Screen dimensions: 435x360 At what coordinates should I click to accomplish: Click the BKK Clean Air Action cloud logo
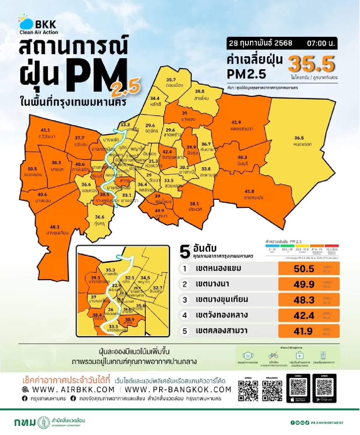pos(26,22)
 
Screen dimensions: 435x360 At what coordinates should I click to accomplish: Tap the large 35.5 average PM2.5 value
pos(311,64)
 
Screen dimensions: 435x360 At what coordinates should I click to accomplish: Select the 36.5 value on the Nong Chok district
pos(299,138)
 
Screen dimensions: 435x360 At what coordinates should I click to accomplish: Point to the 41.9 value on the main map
pos(236,122)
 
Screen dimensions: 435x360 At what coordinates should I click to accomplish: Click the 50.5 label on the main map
pos(32,169)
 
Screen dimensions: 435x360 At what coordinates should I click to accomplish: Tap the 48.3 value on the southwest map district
pos(55,227)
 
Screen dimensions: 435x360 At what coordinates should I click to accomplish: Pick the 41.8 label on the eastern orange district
pos(249,191)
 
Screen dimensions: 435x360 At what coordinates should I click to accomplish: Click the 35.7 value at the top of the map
pos(171,80)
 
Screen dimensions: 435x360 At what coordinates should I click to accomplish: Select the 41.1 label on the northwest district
pos(45,130)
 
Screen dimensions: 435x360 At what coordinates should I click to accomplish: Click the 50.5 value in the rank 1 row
pos(304,269)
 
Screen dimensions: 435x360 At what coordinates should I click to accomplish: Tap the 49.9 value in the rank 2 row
pos(304,284)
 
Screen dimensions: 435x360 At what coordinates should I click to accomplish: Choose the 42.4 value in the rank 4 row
pos(304,315)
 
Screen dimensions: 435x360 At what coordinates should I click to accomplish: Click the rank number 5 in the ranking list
pos(185,331)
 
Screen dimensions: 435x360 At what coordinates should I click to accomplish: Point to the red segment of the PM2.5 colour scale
pos(331,246)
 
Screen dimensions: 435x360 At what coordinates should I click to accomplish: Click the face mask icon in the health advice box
pos(248,356)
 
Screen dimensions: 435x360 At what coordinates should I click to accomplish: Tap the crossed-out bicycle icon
pos(273,356)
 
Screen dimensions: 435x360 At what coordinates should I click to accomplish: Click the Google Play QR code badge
pos(324,388)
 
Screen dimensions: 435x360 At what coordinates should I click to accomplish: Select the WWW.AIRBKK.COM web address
pos(73,389)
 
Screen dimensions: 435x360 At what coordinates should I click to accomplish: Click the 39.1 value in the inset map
pos(96,278)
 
